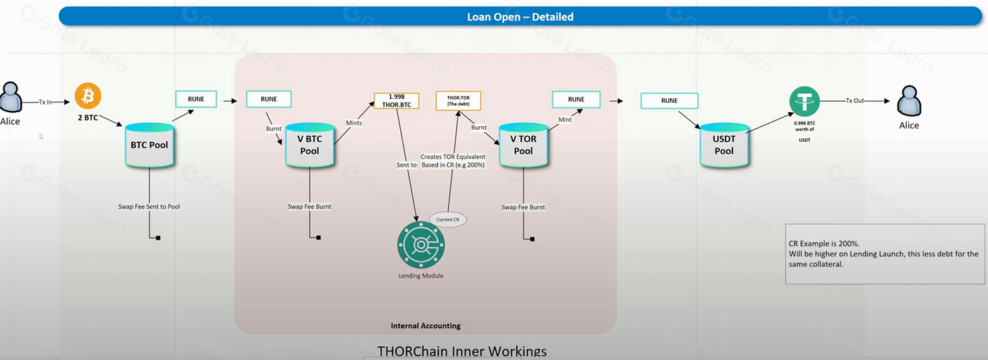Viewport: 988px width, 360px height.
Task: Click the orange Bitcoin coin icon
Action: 88,95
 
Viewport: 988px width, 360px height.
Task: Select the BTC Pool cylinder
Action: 149,145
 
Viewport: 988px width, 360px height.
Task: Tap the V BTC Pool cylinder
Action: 309,145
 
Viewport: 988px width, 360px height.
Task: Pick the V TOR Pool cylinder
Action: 523,145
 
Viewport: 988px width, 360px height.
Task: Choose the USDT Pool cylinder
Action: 724,145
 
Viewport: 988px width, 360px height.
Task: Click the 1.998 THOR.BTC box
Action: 396,100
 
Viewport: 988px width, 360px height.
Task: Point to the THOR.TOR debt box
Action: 458,100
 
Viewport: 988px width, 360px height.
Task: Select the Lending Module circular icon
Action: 421,244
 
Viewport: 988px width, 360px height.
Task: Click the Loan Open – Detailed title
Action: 520,16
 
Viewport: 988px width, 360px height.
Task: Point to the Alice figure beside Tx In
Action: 10,100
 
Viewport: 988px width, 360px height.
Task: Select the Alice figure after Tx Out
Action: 909,107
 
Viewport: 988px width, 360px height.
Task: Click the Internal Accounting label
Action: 426,325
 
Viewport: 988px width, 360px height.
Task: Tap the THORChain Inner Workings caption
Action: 462,351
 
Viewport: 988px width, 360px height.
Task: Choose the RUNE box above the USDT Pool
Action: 669,100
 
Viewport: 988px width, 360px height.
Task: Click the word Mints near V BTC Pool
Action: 354,122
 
